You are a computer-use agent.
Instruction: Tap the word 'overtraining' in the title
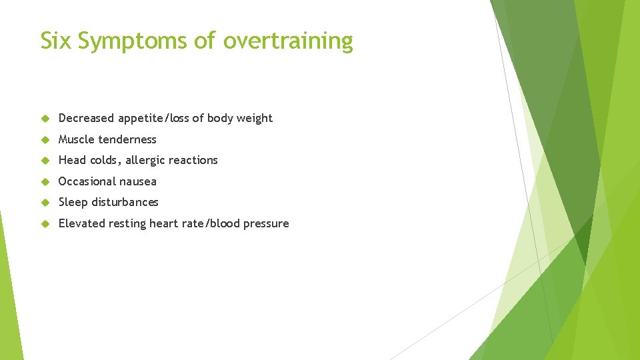(288, 42)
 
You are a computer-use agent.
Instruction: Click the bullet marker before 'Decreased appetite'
(45, 119)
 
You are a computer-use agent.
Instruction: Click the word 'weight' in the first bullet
(254, 119)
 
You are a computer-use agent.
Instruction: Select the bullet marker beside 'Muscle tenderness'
(45, 139)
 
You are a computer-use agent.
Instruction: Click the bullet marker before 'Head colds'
(45, 160)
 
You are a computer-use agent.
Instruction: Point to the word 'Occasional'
(85, 181)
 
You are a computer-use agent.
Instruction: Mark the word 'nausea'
(138, 181)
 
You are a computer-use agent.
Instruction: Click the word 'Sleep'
(73, 202)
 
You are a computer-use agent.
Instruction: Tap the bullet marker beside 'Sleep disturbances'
(45, 202)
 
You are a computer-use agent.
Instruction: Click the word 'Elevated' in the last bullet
(80, 223)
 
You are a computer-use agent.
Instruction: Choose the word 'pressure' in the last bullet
(267, 223)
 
